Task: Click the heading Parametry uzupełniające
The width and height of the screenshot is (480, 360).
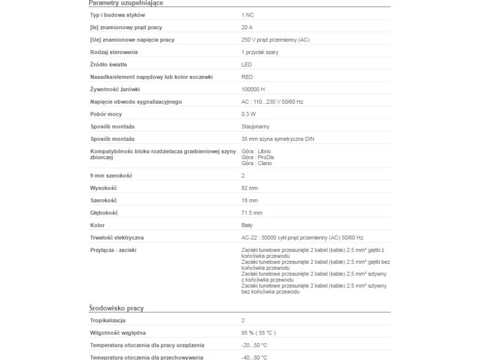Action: pos(126,3)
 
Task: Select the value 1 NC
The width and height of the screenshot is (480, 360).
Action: pos(247,15)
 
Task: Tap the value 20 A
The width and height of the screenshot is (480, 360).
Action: pos(247,28)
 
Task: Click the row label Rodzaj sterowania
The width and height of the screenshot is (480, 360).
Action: pos(114,52)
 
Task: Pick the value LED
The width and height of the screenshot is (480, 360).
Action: pos(246,64)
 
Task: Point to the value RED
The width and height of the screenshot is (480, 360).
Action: pos(247,77)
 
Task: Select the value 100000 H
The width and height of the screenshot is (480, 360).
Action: pos(253,89)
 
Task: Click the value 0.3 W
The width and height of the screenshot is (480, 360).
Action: pos(248,114)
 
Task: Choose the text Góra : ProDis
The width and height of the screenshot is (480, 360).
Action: pos(258,157)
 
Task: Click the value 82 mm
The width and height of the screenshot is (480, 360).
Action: pos(249,188)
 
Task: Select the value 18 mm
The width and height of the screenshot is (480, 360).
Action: pos(249,200)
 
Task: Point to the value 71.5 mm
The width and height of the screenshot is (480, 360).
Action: pos(252,213)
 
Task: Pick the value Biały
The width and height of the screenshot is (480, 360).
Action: pos(247,225)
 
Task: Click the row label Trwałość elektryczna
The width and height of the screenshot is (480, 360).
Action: pos(117,238)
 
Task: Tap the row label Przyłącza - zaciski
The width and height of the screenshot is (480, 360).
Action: pos(113,250)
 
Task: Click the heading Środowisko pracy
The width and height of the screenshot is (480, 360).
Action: pos(116,308)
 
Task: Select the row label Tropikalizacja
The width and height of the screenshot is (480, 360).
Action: pos(108,320)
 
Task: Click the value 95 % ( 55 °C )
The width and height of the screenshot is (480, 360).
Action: pos(258,333)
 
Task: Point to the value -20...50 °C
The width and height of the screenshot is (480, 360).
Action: pos(254,345)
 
